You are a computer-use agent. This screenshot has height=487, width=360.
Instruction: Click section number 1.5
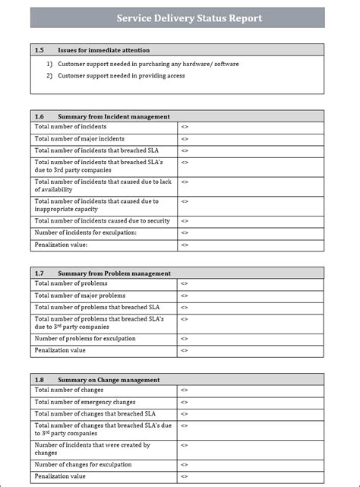39,49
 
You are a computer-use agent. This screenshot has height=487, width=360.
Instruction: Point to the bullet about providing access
120,76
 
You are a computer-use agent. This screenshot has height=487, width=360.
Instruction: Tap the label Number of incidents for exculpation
86,232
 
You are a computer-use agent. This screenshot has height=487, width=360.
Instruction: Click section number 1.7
39,273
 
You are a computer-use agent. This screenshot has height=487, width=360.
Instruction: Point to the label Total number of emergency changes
86,402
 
